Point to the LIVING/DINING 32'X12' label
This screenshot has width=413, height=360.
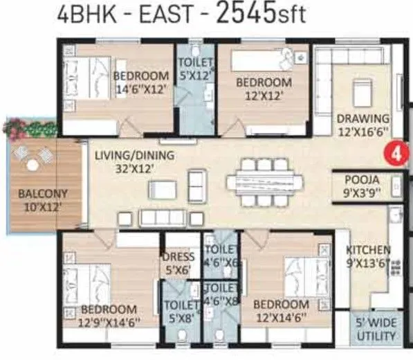[x=134, y=161]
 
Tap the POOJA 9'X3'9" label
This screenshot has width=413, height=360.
[x=361, y=186]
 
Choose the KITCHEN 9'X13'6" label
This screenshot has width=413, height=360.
[x=369, y=256]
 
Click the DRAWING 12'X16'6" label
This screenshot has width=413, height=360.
[x=363, y=125]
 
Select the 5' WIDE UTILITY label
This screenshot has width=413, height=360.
[x=375, y=329]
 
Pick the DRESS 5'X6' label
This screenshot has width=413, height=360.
[x=178, y=263]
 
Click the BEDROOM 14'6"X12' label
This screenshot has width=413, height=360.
[x=141, y=82]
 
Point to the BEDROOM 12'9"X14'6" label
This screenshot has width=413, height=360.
[x=108, y=316]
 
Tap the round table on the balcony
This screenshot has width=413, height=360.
[x=33, y=165]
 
